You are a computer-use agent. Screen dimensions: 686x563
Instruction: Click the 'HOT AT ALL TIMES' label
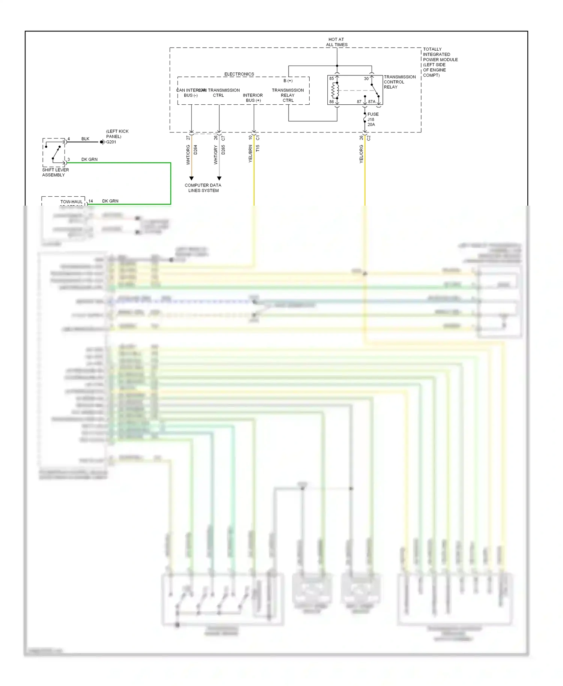pos(336,42)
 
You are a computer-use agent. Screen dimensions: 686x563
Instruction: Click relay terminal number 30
pos(366,79)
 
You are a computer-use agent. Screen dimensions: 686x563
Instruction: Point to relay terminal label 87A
pos(372,102)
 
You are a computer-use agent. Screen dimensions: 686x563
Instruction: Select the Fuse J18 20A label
pos(373,119)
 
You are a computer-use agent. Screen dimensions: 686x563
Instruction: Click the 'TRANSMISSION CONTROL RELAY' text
pos(399,82)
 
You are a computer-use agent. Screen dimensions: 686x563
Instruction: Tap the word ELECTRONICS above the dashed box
pos(239,74)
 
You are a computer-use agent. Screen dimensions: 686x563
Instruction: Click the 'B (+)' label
pos(288,81)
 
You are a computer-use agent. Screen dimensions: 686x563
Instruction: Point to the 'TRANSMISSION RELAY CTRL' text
pos(288,95)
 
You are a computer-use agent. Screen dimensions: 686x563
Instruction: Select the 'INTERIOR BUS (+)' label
pos(253,98)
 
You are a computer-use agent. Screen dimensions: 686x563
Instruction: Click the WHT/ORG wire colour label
pos(188,155)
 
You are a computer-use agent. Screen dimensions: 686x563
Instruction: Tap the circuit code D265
pos(223,150)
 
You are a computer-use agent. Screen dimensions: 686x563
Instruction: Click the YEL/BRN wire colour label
pos(250,154)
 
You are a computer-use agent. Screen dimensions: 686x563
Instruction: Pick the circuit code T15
pos(258,149)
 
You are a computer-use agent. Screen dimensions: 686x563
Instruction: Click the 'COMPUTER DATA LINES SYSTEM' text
pos(203,188)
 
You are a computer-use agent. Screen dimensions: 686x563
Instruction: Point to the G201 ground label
pos(111,142)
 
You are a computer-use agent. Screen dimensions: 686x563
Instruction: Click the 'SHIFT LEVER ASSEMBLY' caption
pos(55,172)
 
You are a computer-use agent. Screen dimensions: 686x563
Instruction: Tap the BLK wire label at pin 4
pos(85,139)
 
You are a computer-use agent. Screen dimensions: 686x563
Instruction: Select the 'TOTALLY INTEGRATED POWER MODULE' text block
pos(440,62)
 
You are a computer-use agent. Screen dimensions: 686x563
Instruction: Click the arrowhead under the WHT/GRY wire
pos(219,179)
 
